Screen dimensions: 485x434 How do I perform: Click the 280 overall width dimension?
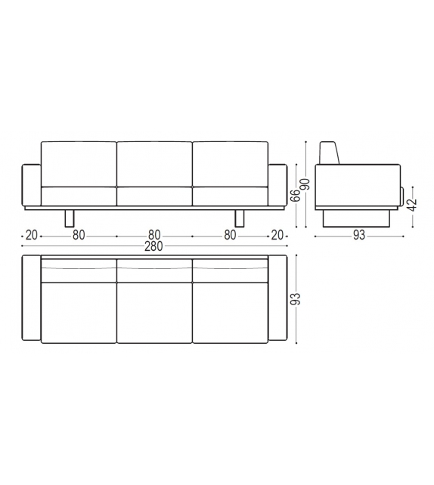click(x=154, y=246)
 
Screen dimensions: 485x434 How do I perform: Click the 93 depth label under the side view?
click(x=358, y=235)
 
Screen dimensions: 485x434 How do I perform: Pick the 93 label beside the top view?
click(x=296, y=299)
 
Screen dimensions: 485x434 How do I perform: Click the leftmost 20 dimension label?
click(x=31, y=235)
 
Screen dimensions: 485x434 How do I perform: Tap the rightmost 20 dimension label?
click(x=277, y=235)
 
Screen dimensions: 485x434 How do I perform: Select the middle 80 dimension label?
click(x=154, y=235)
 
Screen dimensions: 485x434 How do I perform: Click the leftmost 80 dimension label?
click(x=79, y=235)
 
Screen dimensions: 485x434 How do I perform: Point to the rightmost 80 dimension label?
click(x=230, y=235)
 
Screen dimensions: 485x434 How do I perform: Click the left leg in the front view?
click(x=70, y=218)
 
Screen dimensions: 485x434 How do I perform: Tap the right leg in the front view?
click(x=240, y=218)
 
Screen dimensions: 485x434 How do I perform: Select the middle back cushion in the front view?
click(x=154, y=162)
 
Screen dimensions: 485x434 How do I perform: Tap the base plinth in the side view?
click(x=358, y=218)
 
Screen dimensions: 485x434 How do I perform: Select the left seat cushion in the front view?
click(x=79, y=195)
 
